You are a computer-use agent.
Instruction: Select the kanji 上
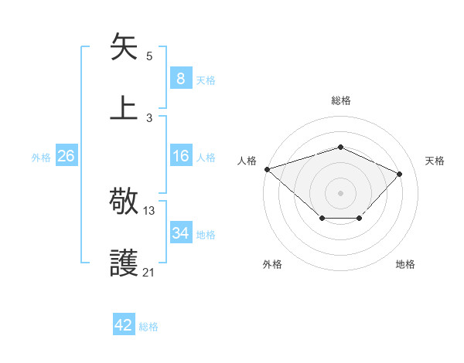pos(125,107)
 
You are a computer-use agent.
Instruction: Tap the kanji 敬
pos(125,203)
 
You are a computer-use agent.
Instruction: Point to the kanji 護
pos(125,263)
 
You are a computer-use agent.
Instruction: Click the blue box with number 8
pos(180,79)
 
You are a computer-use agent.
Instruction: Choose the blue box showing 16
pos(180,157)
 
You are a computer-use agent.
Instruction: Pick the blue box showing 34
pos(180,233)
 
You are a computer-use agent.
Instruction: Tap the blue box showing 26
pos(66,157)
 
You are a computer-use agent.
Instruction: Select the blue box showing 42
pos(124,326)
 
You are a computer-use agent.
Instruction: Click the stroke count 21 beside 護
pos(148,272)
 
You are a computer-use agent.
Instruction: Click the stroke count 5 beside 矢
pos(149,56)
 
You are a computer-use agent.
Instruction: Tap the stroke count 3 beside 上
pos(149,117)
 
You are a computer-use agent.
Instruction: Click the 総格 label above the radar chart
pos(341,100)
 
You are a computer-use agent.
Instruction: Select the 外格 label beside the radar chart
pos(271,264)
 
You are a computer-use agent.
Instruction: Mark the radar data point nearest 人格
pos(267,169)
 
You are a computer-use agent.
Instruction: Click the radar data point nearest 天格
pos(399,174)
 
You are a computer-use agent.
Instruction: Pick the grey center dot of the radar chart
pos(340,192)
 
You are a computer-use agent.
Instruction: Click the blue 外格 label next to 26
pos(41,158)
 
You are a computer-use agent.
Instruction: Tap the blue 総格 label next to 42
pos(148,327)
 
